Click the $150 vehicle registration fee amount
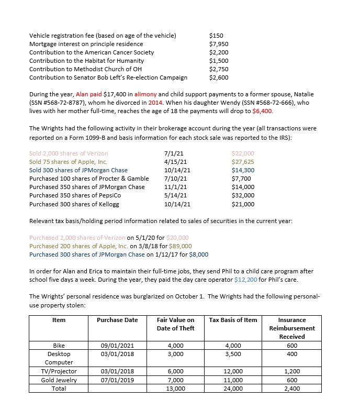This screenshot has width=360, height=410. (216, 36)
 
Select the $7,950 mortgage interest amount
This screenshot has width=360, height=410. (218, 44)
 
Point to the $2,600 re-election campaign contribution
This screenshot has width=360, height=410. (218, 77)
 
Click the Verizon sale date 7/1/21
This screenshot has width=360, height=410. (173, 153)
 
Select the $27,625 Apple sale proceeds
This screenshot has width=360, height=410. (242, 162)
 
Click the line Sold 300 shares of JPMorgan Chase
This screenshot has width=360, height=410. (78, 170)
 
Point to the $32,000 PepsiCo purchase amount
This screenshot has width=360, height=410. (242, 195)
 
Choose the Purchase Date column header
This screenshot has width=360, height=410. (117, 320)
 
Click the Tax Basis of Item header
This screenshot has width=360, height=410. (233, 320)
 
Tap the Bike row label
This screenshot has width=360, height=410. (59, 345)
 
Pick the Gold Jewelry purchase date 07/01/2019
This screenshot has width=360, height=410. (117, 380)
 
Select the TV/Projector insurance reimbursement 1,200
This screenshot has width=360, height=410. (291, 371)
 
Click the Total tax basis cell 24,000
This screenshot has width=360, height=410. (233, 388)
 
